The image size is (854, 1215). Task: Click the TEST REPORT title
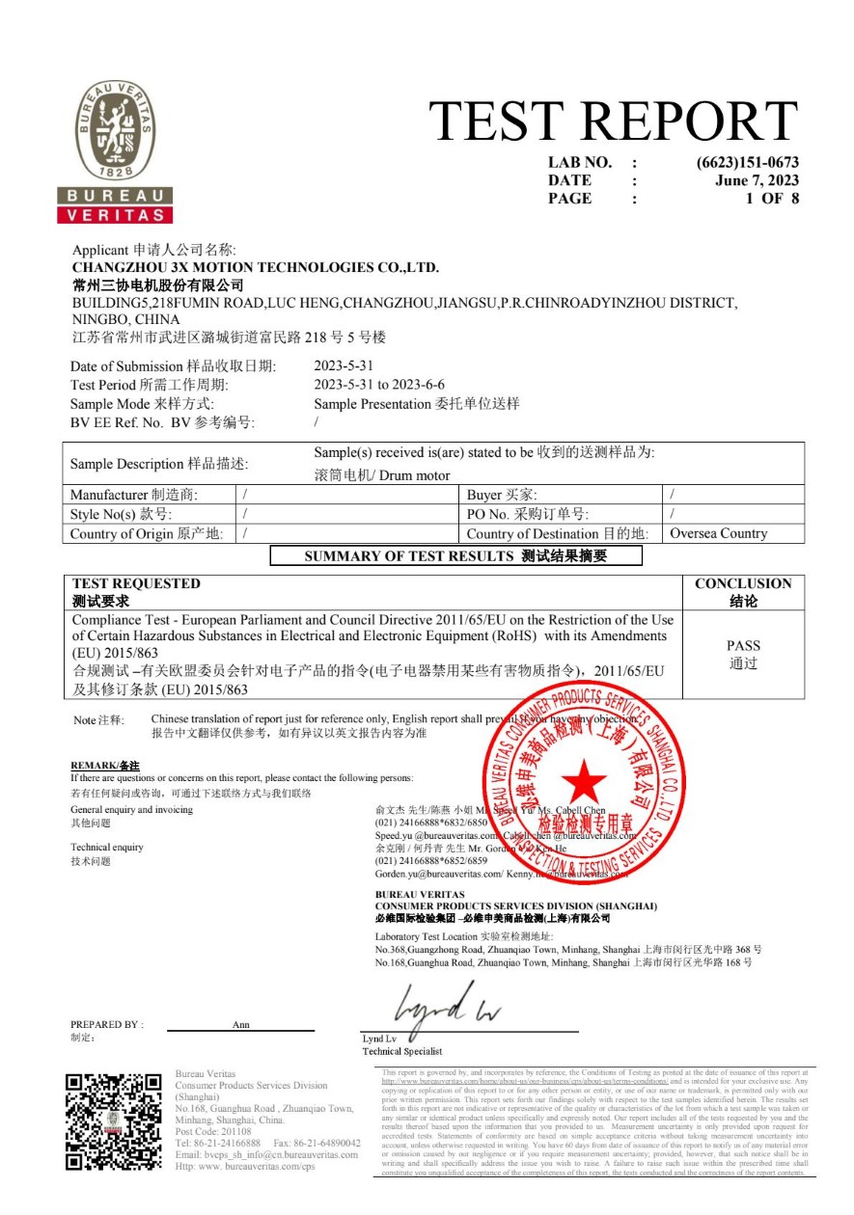coord(613,121)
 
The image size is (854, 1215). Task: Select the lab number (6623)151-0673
coord(747,163)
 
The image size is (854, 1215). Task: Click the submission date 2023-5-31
coord(344,366)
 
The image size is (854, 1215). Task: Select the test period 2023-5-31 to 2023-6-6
coord(379,385)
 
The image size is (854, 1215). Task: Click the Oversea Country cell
coord(718,533)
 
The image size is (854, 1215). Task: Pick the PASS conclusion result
coord(743,646)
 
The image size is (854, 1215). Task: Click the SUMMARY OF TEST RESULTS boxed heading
coord(455,555)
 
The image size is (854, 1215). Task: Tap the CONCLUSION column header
coord(743,583)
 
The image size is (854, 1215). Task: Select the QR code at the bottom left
coord(114,1121)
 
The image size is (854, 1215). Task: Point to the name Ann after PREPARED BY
coord(241,1025)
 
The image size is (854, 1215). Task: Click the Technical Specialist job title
coord(402,1051)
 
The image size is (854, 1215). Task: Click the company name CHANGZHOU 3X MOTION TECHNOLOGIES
coord(256,267)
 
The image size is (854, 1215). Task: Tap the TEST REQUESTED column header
coord(136,583)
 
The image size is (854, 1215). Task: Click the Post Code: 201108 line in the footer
coord(213,1131)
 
